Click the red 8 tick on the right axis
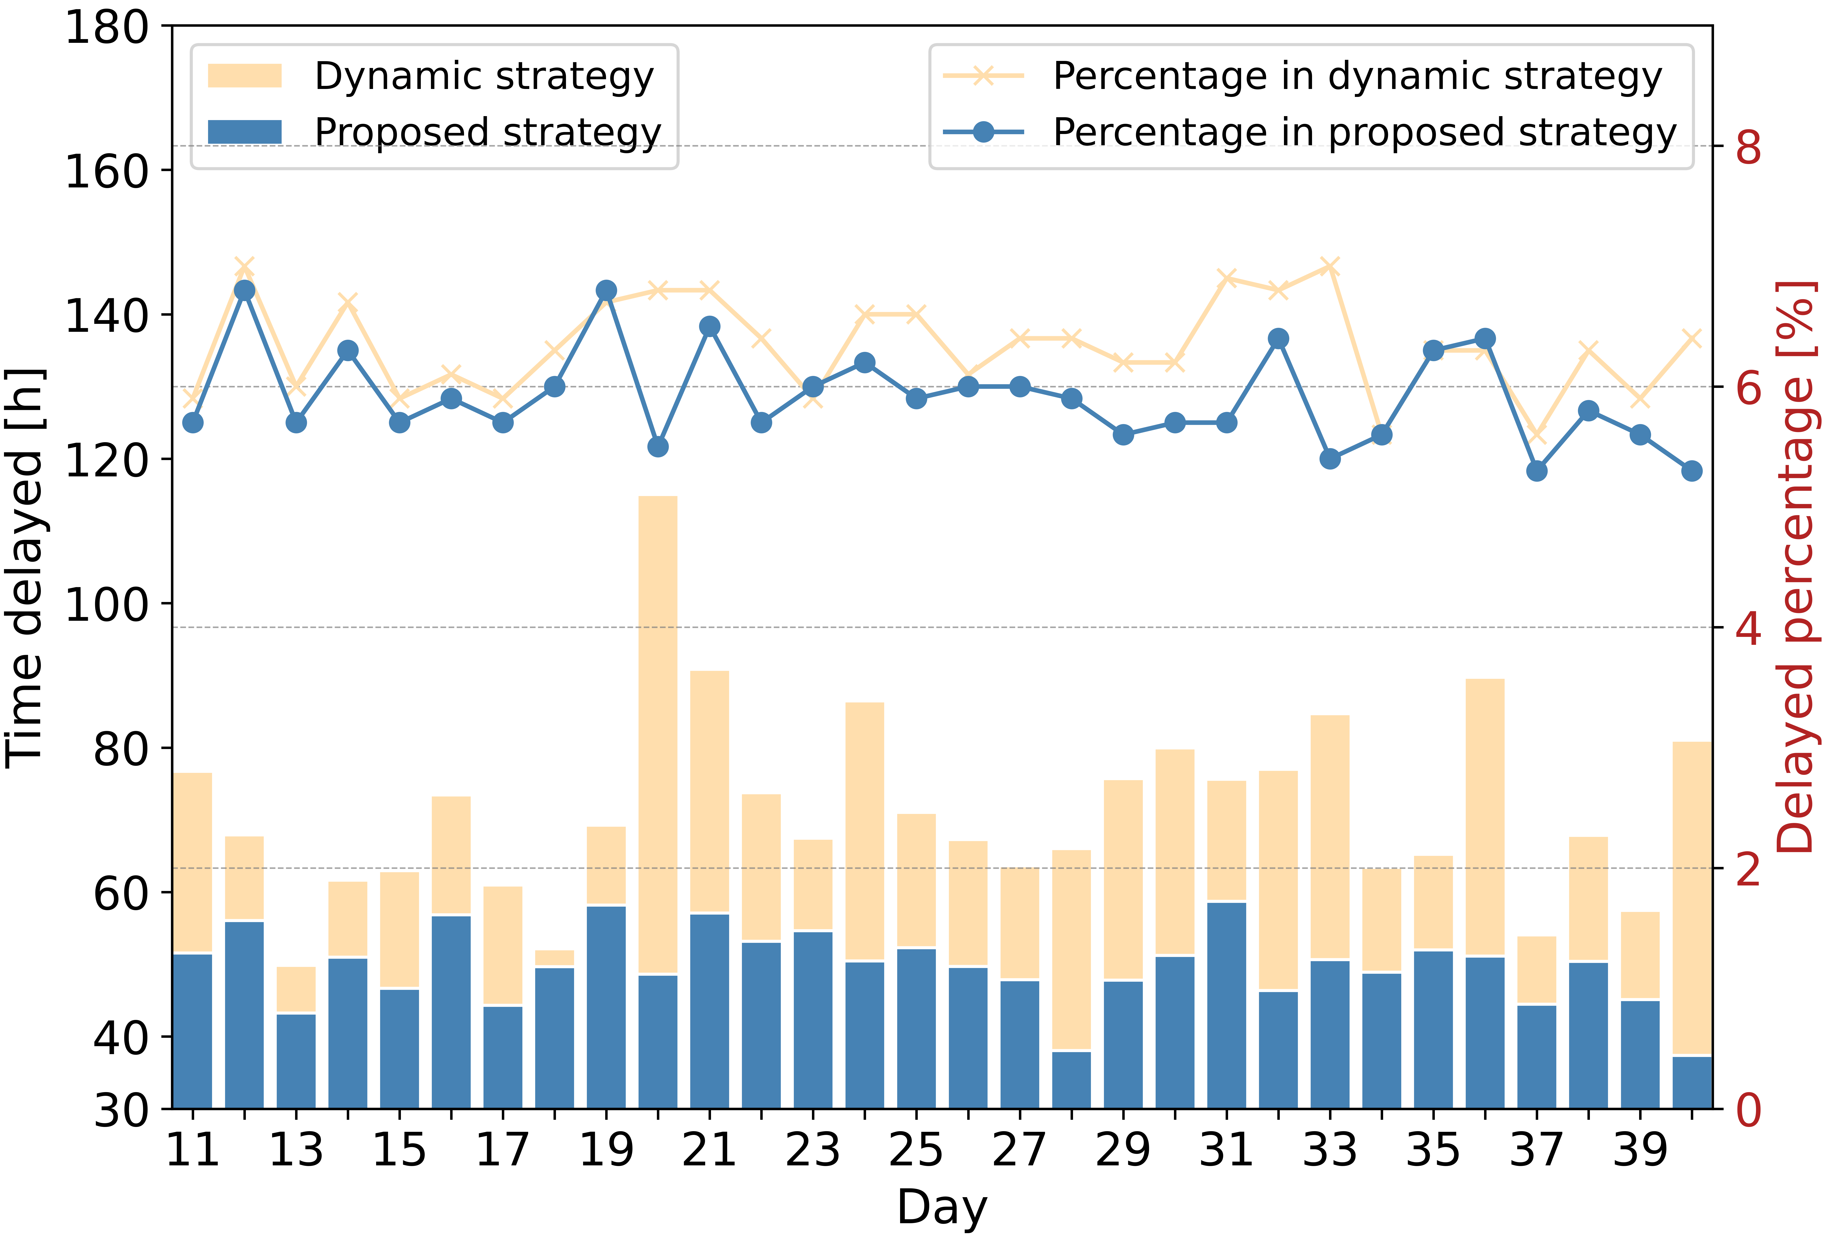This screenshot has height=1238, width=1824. click(1749, 147)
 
